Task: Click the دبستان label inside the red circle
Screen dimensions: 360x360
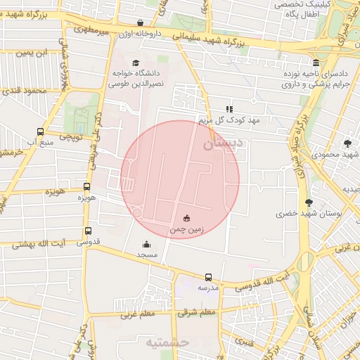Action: pos(224,143)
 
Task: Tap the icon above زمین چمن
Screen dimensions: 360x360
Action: pos(186,217)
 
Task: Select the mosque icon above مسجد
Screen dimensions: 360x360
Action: pos(146,244)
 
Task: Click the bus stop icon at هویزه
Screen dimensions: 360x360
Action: pos(87,187)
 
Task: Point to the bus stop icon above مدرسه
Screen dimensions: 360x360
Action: pos(208,278)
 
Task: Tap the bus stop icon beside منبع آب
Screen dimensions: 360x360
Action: pos(40,131)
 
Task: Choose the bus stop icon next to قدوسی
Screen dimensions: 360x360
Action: pos(88,231)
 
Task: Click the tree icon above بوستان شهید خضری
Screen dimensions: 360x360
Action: pos(309,202)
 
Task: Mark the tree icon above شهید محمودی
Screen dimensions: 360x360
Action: pos(347,143)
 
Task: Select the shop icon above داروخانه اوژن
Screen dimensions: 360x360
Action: pos(141,23)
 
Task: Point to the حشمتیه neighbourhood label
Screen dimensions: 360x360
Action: pos(168,342)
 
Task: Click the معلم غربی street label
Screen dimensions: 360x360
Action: pos(137,314)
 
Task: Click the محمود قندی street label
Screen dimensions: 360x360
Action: pos(25,91)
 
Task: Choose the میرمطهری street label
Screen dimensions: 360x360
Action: pos(94,32)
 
